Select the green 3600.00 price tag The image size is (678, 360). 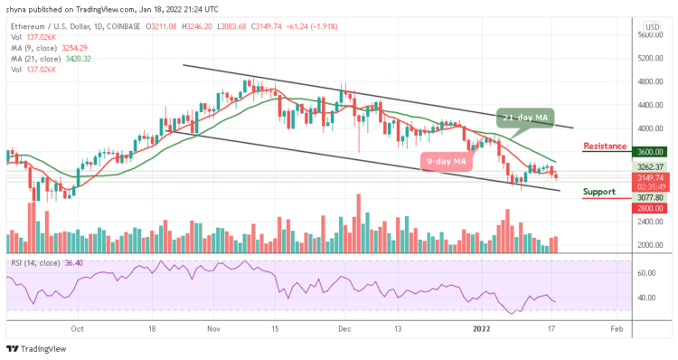(x=648, y=152)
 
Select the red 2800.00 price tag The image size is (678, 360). (x=648, y=208)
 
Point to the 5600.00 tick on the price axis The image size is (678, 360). (x=648, y=34)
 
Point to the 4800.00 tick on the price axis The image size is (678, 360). (x=648, y=81)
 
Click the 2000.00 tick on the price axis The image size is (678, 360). (x=648, y=245)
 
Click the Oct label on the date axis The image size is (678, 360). (x=78, y=328)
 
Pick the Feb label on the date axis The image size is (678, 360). (x=616, y=328)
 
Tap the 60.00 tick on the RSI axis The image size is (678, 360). (x=646, y=272)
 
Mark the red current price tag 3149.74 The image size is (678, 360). (x=648, y=178)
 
